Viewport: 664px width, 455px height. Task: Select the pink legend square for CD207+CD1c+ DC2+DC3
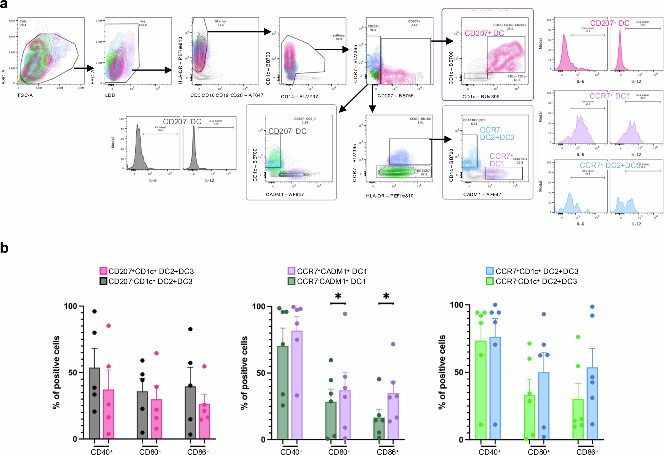click(x=103, y=271)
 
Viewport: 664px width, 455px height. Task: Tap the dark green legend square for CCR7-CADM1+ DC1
click(x=291, y=281)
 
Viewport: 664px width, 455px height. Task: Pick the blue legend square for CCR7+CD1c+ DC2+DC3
click(x=490, y=271)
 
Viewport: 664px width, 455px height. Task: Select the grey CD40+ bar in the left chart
click(x=95, y=403)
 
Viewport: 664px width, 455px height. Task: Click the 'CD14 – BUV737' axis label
click(x=299, y=97)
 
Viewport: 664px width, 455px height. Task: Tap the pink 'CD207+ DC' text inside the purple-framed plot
click(x=484, y=33)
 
